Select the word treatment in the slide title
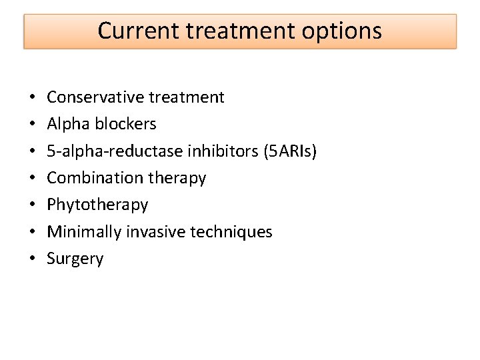pyautogui.click(x=238, y=31)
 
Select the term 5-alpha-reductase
pyautogui.click(x=107, y=151)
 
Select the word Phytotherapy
pyautogui.click(x=97, y=205)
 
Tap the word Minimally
pyautogui.click(x=79, y=232)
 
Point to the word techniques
pyautogui.click(x=231, y=232)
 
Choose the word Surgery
pyautogui.click(x=75, y=259)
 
